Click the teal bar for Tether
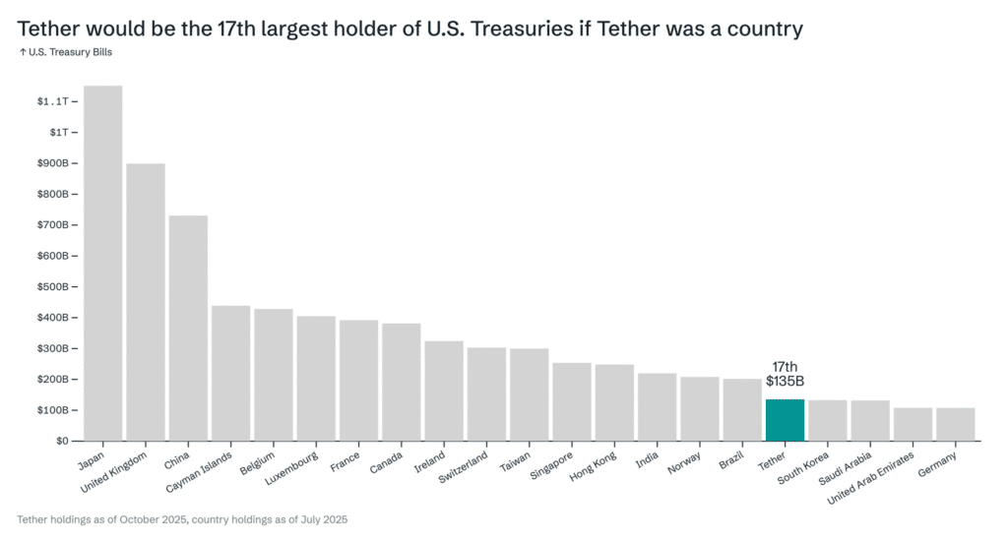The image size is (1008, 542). tap(785, 420)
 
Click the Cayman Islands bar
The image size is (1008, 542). tap(230, 373)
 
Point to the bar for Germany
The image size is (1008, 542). tap(955, 424)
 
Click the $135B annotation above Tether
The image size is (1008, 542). tap(785, 382)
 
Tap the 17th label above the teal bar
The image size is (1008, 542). tap(785, 367)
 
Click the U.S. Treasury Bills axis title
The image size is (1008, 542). tap(65, 53)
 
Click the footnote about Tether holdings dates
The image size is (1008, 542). tap(182, 518)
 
